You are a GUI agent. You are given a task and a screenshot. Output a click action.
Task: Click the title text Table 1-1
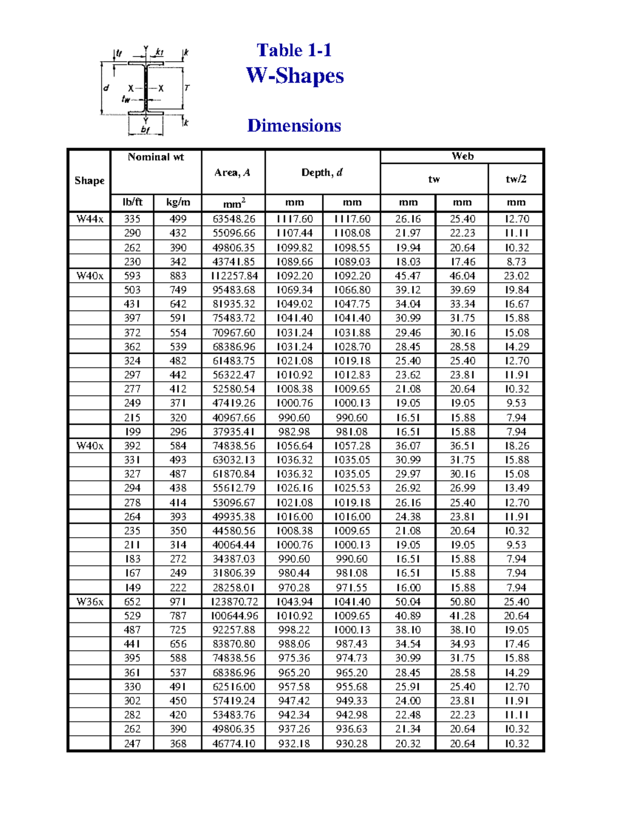(x=294, y=50)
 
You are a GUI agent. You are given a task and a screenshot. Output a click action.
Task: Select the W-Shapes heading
(x=295, y=76)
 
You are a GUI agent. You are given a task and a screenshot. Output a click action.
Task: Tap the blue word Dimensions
(x=294, y=126)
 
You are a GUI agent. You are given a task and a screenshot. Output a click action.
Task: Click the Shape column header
(x=89, y=181)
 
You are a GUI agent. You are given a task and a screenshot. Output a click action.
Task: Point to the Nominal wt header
(x=155, y=157)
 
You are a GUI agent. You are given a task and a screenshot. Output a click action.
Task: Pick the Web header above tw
(x=462, y=156)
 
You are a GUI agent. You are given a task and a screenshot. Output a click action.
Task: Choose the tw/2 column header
(x=516, y=179)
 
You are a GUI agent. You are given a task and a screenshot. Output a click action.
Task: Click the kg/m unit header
(x=178, y=203)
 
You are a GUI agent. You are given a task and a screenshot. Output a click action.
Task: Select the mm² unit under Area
(x=233, y=203)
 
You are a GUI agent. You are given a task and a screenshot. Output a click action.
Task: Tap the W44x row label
(x=89, y=219)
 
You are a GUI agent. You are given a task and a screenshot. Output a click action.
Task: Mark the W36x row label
(x=89, y=602)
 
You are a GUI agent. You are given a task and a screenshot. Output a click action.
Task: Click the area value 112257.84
(x=233, y=276)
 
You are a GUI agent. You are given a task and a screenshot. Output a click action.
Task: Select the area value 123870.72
(x=233, y=602)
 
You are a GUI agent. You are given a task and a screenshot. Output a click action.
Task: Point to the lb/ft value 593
(x=132, y=276)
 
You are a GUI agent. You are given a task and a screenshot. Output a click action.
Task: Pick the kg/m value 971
(x=178, y=602)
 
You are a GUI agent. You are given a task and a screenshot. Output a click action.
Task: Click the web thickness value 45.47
(x=408, y=276)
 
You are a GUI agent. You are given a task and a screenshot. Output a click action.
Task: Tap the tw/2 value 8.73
(x=516, y=262)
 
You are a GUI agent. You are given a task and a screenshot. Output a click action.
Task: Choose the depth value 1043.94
(x=294, y=602)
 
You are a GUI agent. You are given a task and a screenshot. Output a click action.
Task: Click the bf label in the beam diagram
(x=145, y=130)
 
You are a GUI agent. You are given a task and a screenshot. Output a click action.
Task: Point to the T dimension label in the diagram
(x=187, y=88)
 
